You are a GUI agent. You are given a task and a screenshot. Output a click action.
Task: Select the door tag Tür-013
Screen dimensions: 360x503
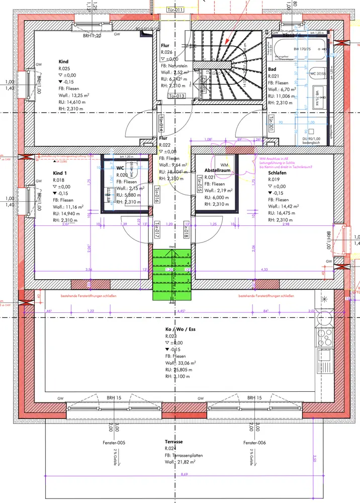176,96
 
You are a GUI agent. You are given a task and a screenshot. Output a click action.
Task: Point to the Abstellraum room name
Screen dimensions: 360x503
217,171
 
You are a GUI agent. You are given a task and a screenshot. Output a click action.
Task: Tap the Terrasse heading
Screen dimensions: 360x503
173,442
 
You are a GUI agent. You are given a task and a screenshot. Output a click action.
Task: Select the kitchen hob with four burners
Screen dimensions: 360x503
325,336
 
